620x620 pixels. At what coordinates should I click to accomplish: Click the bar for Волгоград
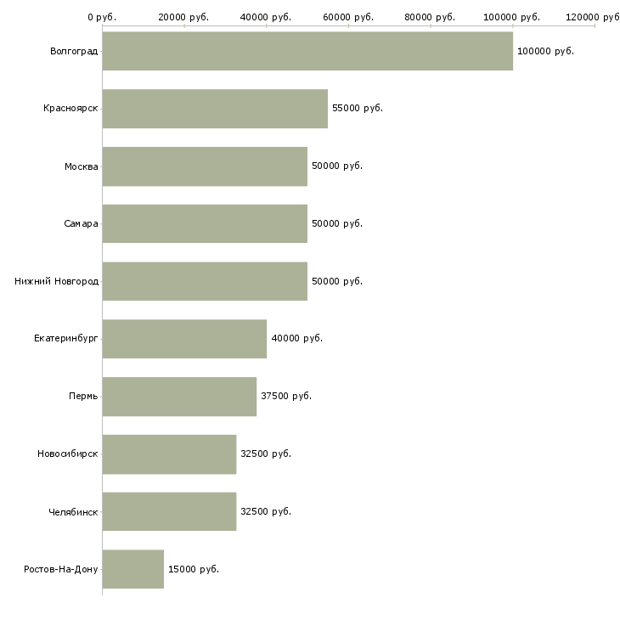point(307,51)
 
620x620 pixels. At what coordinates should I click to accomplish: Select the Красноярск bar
point(215,109)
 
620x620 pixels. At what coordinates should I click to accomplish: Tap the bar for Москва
point(205,166)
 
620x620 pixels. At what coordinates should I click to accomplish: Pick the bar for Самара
point(205,224)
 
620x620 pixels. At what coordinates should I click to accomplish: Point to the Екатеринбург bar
point(184,339)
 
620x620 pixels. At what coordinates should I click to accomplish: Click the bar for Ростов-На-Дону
point(133,569)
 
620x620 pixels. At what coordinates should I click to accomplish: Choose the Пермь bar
point(179,397)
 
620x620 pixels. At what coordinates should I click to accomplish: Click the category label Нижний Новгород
point(57,281)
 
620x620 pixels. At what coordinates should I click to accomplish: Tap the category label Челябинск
point(73,512)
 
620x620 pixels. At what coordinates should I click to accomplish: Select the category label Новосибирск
point(68,454)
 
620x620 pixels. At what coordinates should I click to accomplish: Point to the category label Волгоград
point(74,52)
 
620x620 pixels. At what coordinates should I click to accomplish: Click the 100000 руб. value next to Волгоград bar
point(545,52)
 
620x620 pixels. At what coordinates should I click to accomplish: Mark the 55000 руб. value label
point(358,109)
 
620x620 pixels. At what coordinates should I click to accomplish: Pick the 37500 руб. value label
point(286,396)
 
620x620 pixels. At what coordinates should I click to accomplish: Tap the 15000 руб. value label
point(194,569)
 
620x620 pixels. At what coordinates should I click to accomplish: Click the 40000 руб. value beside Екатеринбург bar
point(297,339)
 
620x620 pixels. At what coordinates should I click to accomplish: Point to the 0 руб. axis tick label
point(102,17)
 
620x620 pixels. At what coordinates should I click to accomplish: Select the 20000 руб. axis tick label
point(183,17)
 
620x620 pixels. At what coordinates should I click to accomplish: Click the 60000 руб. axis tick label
point(348,17)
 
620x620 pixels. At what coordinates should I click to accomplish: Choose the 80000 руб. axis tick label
point(430,17)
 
